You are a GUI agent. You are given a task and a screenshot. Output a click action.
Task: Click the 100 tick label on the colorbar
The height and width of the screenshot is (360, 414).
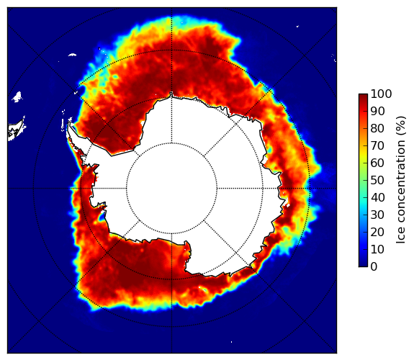point(381,94)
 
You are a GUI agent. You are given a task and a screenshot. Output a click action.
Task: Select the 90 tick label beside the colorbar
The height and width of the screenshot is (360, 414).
point(377,111)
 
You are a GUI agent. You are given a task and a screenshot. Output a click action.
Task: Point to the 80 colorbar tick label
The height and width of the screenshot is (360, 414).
point(377,128)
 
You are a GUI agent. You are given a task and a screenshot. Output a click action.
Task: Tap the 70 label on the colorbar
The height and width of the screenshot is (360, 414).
point(377,145)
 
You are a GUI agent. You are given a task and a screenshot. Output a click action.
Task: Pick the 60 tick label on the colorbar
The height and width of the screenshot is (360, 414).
point(377,163)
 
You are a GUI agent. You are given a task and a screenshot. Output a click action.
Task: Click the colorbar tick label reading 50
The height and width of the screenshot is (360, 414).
point(377,181)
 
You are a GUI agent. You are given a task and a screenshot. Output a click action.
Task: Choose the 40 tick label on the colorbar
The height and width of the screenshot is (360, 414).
point(377,197)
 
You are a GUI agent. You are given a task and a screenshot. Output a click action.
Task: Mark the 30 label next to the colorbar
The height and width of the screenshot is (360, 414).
point(377,215)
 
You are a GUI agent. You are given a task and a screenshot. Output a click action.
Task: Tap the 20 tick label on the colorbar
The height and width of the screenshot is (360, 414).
point(377,232)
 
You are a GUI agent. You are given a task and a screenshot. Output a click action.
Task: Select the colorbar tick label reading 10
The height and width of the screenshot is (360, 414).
point(377,249)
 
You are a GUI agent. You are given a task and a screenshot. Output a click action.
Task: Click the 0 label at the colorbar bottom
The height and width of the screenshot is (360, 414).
point(374,267)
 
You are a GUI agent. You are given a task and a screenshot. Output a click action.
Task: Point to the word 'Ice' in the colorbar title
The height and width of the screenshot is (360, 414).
point(401,238)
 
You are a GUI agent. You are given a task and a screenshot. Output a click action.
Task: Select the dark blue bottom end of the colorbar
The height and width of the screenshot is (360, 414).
point(363,266)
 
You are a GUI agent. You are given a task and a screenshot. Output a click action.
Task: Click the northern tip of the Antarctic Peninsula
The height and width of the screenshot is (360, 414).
point(69,123)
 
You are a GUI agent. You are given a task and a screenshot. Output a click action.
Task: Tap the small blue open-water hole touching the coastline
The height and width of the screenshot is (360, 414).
point(102,217)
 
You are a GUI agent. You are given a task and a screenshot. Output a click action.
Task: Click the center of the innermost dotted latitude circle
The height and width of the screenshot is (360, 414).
point(171,189)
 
